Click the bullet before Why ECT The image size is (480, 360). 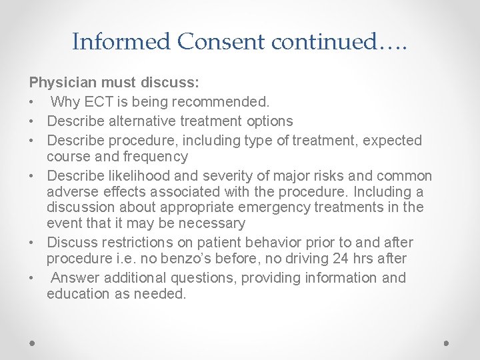click(31, 103)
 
